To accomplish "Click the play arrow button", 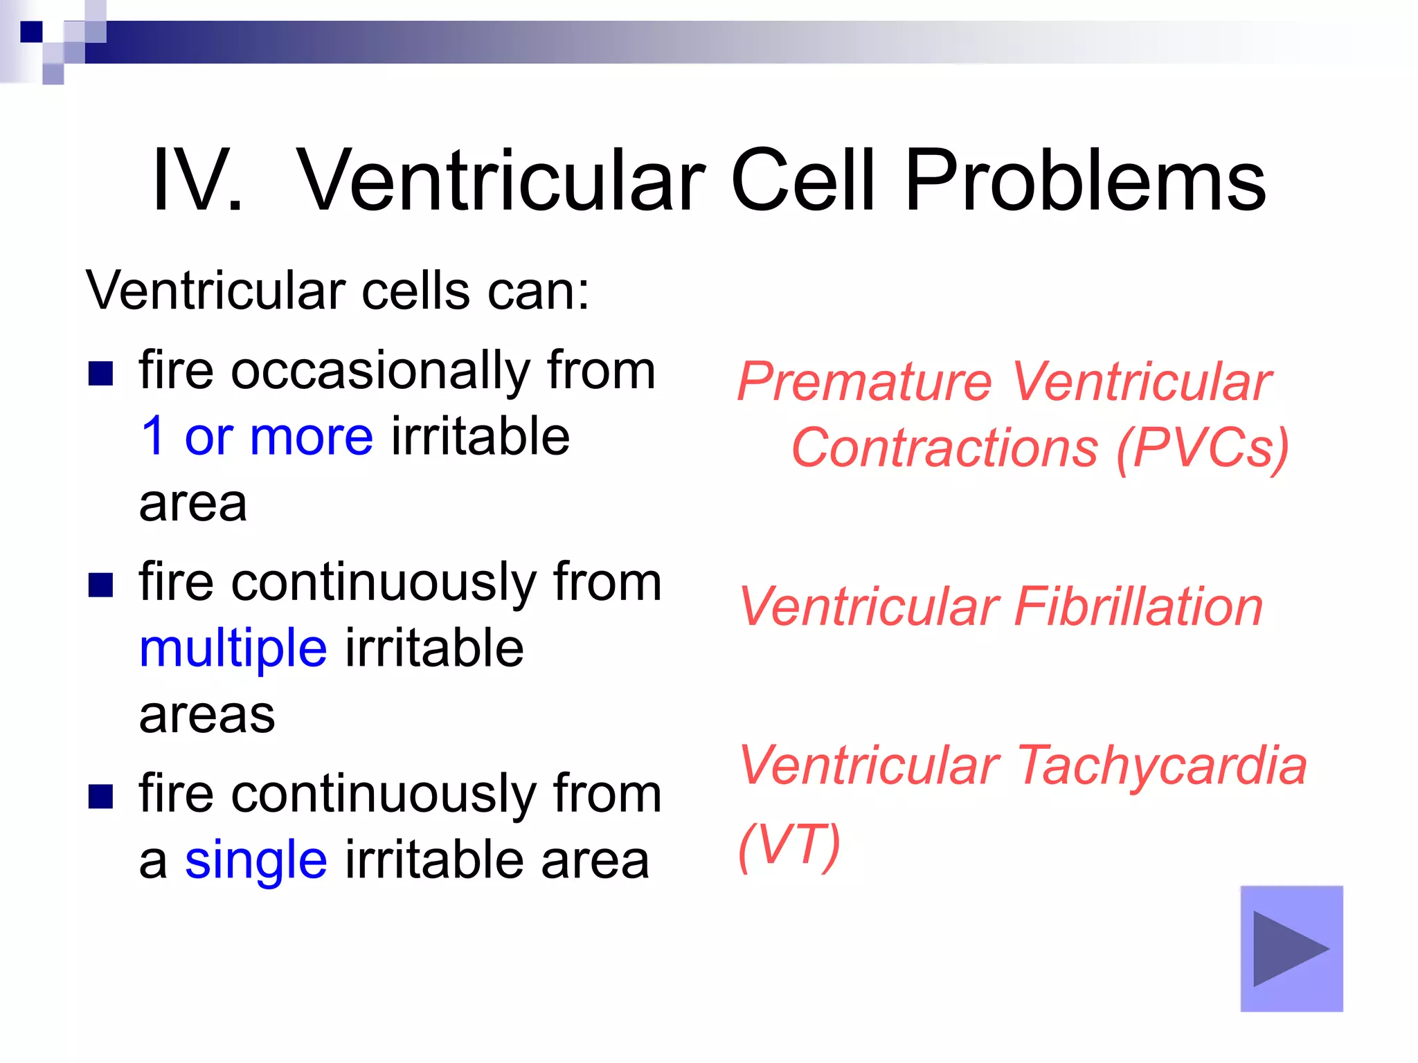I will tap(1291, 948).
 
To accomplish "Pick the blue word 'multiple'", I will tap(233, 649).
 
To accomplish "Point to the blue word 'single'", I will tap(255, 860).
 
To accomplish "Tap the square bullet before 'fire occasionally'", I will tap(100, 374).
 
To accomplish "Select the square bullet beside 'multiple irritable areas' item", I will tap(100, 585).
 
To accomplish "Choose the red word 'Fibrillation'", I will tap(1138, 607).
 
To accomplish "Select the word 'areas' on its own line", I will tap(206, 715).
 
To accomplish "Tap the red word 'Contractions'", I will tap(944, 448).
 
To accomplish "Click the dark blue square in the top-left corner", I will tap(31, 32).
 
